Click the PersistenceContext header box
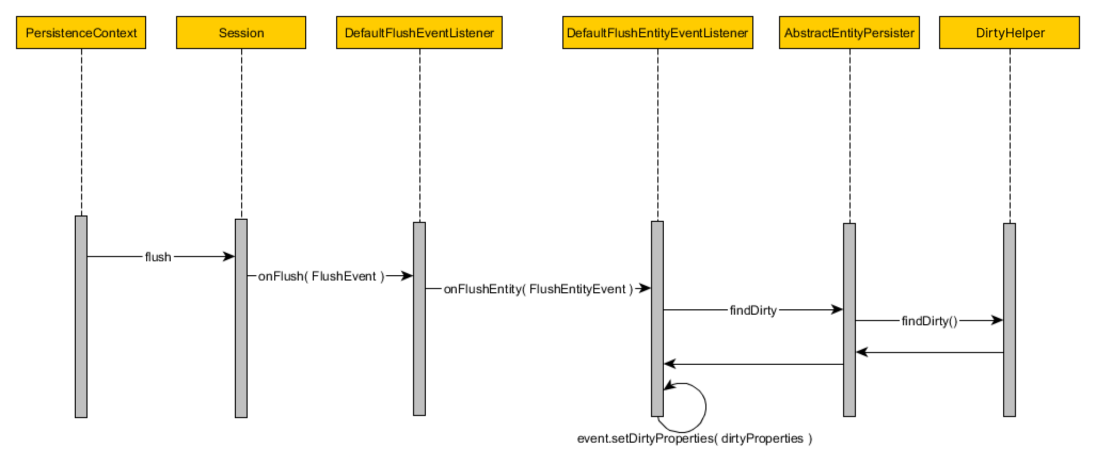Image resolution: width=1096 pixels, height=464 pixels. [81, 33]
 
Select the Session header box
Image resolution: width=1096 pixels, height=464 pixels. [241, 33]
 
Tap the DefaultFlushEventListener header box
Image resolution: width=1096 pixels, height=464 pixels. [419, 33]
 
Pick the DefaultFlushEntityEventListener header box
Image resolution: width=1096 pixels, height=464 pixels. [657, 33]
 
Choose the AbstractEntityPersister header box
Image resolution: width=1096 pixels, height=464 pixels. [849, 33]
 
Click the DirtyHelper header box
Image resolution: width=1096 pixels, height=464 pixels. [1010, 33]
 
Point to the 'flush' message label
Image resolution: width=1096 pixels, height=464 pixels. [158, 257]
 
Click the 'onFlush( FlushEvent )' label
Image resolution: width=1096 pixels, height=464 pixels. [321, 276]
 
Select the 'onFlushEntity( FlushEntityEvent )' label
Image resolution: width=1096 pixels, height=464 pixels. [538, 289]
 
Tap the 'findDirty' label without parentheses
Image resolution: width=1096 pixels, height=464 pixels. [753, 310]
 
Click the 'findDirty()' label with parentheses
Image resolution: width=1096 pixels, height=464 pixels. [930, 321]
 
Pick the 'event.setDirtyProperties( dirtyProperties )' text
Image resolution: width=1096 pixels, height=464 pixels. [695, 438]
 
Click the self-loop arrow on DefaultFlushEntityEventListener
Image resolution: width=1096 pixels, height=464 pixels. [705, 406]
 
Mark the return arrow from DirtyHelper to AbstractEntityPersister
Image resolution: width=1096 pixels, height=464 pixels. [930, 353]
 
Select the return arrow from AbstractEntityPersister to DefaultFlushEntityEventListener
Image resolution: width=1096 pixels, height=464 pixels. [753, 364]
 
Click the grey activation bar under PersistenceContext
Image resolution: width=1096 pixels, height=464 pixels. [81, 317]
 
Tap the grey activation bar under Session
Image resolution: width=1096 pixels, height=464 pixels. [241, 318]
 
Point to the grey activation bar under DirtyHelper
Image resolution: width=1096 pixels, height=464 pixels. [1010, 320]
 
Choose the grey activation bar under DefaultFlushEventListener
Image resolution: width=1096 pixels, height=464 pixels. [419, 319]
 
